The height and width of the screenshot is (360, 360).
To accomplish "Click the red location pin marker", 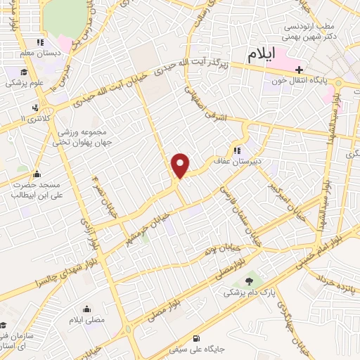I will (x=181, y=165).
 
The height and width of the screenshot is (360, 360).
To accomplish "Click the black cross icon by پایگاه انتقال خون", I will (x=301, y=70).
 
